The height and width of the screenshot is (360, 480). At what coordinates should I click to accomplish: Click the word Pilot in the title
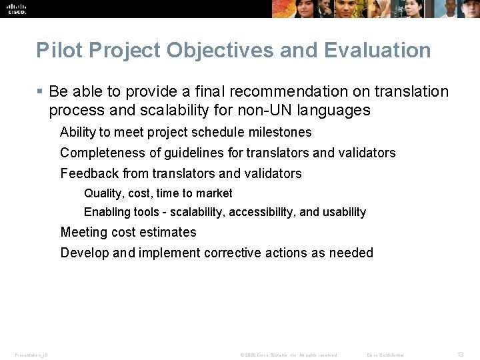(x=53, y=50)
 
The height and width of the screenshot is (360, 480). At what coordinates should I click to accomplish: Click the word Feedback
(x=88, y=173)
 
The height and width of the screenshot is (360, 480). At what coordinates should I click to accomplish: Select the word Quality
(x=103, y=193)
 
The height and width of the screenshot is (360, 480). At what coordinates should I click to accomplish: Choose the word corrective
(x=235, y=253)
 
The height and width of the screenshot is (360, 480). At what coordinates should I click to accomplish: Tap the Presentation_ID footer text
(x=31, y=355)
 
